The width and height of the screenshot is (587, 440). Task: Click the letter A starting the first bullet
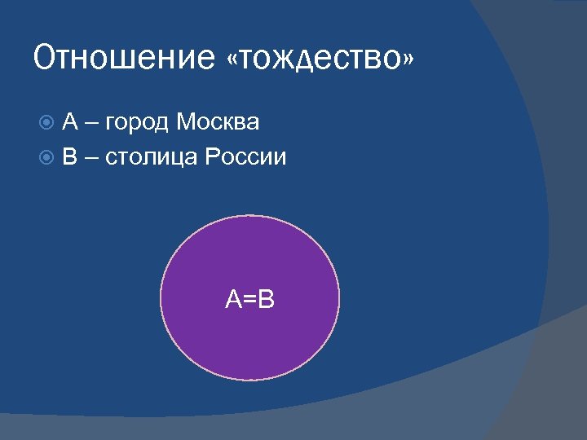tap(70, 123)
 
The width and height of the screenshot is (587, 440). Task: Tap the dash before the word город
tap(92, 125)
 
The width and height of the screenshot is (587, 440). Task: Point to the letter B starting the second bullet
tap(70, 157)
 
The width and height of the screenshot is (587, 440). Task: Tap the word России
tap(245, 157)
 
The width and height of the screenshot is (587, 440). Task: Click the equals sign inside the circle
tap(249, 300)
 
